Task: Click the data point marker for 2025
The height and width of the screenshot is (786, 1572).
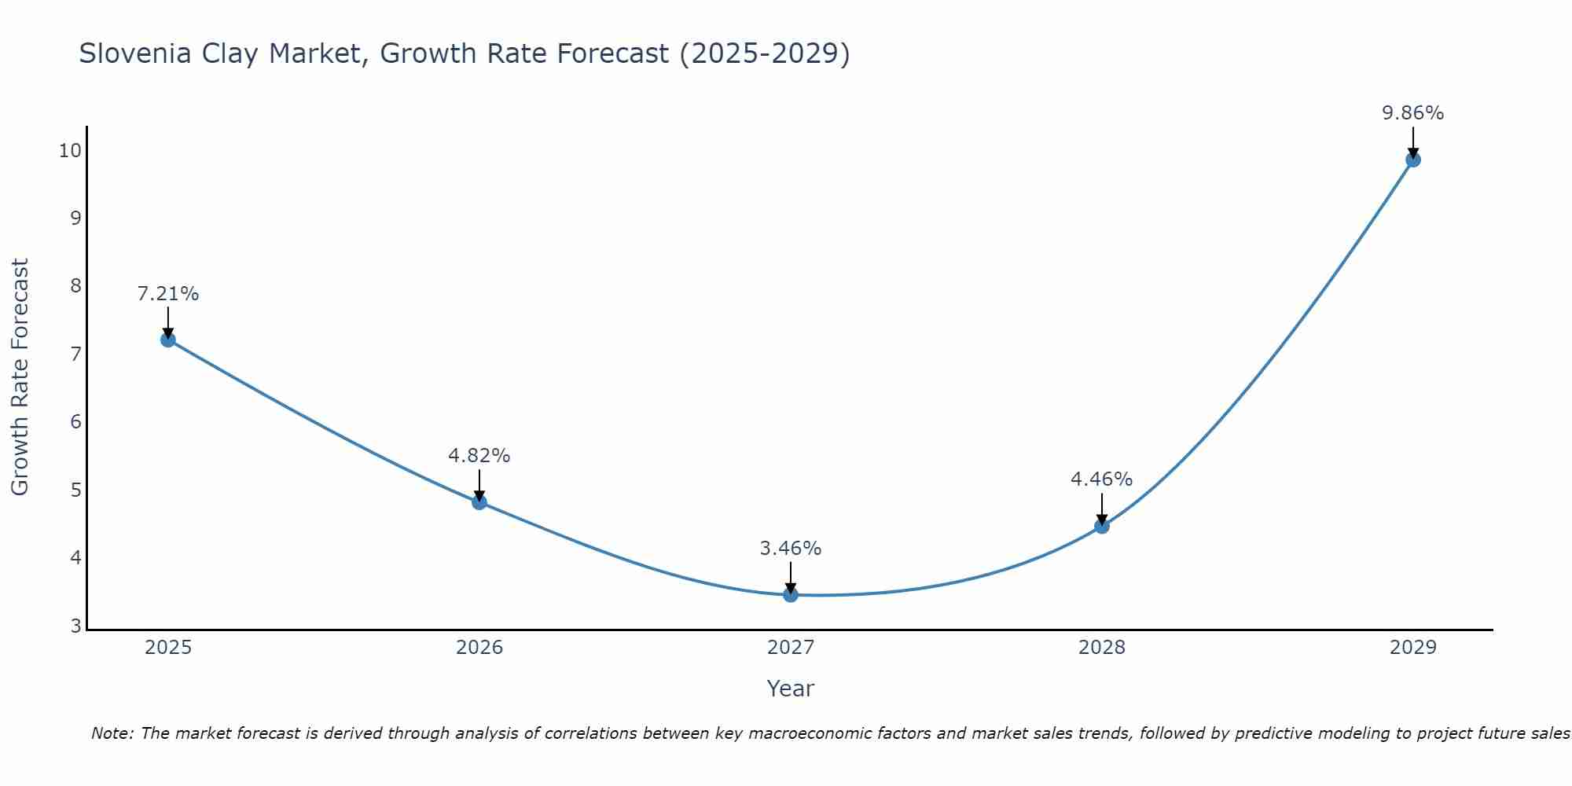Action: click(167, 340)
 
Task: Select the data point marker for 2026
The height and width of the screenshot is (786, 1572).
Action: click(479, 502)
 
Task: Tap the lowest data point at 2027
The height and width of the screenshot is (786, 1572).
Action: click(791, 595)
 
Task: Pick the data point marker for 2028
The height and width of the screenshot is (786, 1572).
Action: click(1102, 527)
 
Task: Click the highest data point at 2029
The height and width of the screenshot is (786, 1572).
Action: click(1413, 160)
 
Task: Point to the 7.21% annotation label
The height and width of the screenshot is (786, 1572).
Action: click(167, 294)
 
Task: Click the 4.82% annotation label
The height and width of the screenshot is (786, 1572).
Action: click(479, 456)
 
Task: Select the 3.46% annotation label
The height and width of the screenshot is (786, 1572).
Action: click(791, 549)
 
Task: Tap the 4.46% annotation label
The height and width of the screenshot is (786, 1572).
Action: click(1102, 479)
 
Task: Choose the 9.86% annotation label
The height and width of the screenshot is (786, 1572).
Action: click(1413, 113)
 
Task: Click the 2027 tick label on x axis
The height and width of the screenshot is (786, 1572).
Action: click(791, 648)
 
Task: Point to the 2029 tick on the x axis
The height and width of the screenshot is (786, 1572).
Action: click(1413, 648)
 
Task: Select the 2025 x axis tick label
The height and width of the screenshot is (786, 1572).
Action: click(168, 648)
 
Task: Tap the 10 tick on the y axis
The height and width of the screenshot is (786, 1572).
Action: click(70, 150)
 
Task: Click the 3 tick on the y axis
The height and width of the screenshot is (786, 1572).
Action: click(75, 626)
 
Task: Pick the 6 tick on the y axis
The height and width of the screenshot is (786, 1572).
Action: click(75, 422)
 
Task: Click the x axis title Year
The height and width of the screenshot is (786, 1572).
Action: click(791, 689)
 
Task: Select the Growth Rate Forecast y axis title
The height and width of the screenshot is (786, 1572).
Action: click(20, 377)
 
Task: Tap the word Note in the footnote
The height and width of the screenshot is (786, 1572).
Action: click(113, 733)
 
